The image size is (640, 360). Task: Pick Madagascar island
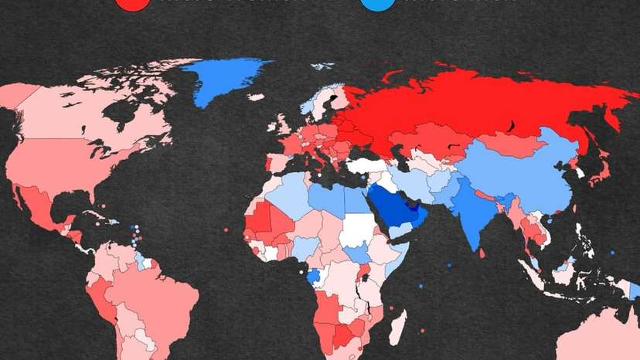tap(396, 328)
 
